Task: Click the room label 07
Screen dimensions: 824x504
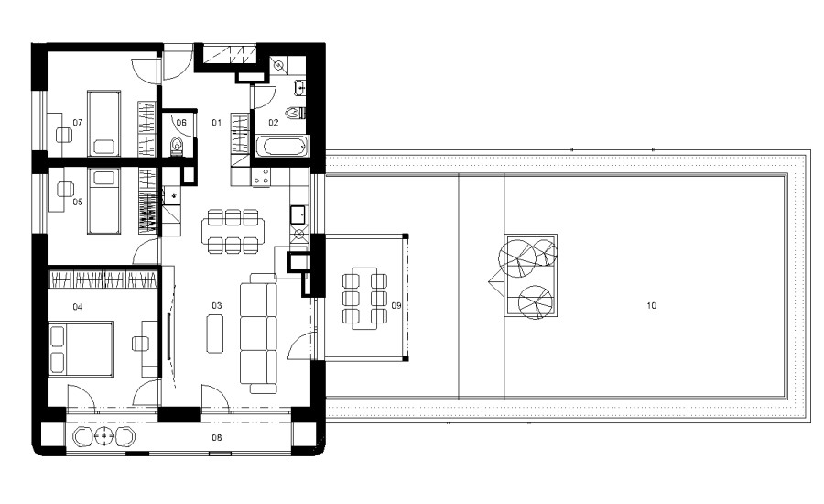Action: click(78, 123)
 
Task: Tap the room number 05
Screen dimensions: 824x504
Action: click(78, 202)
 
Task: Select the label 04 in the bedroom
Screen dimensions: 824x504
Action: click(78, 307)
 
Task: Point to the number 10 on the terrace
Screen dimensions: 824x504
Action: click(652, 305)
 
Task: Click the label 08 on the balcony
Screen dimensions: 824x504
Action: click(216, 437)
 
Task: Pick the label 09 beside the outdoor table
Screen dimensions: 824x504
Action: click(396, 305)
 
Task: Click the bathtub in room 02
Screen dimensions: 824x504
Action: click(283, 147)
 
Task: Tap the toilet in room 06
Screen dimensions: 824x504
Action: click(177, 147)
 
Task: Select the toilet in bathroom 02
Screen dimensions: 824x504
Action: click(295, 112)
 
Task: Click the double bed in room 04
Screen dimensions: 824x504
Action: click(81, 349)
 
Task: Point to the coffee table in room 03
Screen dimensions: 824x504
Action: click(215, 333)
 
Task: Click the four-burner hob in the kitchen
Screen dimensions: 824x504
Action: click(261, 177)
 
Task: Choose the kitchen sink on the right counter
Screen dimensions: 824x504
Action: click(298, 214)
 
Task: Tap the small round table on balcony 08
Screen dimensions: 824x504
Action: click(105, 436)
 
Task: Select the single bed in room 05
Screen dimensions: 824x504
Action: click(104, 201)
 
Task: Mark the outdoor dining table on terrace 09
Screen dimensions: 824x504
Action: click(364, 299)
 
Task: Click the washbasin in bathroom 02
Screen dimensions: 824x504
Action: click(300, 88)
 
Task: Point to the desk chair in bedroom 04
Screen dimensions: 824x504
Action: click(140, 344)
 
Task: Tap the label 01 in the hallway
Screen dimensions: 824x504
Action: click(216, 123)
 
